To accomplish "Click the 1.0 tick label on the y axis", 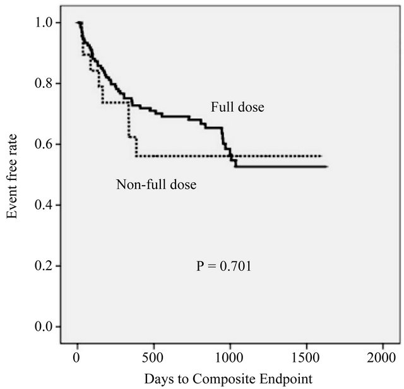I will coord(52,23).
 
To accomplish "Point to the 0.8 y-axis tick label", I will coord(52,83).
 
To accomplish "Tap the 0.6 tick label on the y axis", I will coord(52,144).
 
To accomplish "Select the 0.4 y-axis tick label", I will coord(52,205).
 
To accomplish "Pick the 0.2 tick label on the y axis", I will coord(52,266).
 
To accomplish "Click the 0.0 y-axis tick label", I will coord(52,326).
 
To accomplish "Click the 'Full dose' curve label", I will coord(237,107).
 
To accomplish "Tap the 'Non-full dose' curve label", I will coord(157,185).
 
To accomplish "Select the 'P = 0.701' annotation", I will coord(225,267).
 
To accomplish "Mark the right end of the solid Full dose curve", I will coord(326,167).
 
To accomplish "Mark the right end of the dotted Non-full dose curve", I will coord(322,155).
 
